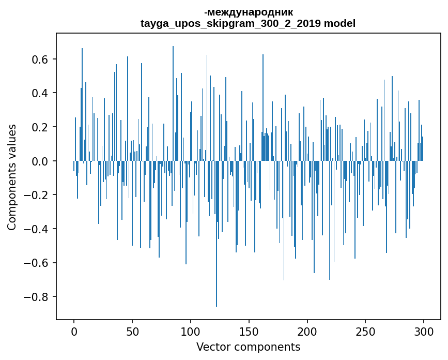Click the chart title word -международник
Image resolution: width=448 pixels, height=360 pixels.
(x=248, y=12)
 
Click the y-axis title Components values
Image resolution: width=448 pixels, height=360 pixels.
(x=12, y=177)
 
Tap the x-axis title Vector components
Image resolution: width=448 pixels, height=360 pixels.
(x=248, y=347)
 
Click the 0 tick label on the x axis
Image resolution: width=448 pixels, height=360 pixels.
(x=74, y=331)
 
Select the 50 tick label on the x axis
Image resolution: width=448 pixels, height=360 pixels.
(x=132, y=331)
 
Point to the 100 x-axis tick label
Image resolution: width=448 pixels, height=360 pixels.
(x=191, y=331)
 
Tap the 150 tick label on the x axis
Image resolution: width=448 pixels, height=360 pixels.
(x=249, y=331)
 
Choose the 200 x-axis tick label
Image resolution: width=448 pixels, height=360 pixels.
(x=307, y=331)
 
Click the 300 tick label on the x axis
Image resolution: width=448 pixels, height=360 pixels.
(x=424, y=331)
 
